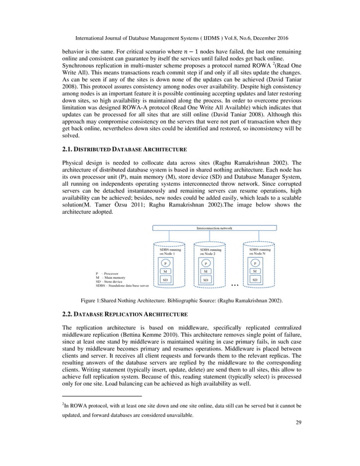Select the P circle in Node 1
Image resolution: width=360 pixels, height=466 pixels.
165,262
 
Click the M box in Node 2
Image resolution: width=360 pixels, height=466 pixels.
207,271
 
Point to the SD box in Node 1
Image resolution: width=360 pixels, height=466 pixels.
165,279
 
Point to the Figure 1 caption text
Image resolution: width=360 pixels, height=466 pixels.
179,301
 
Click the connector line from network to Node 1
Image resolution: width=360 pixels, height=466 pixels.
165,238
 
